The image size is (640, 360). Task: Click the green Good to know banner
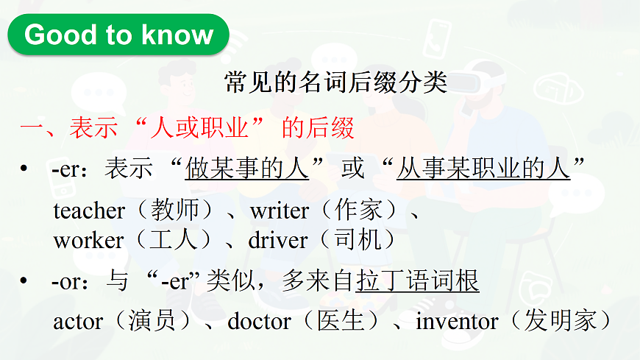(x=118, y=35)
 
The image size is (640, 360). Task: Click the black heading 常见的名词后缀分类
(x=336, y=82)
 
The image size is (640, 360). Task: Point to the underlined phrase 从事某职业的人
(x=483, y=169)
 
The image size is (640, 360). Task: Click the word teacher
(x=89, y=211)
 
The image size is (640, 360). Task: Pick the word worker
(x=88, y=240)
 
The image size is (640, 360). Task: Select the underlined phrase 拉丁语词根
(x=417, y=281)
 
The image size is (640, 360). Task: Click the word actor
(x=78, y=321)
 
